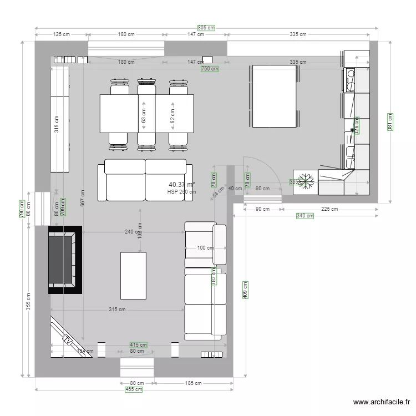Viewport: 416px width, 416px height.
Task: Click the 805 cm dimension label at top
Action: coord(206,27)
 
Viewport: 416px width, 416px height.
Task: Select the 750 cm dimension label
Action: coord(210,69)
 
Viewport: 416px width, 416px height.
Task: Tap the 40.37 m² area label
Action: coord(181,185)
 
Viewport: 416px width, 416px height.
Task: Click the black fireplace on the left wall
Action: coord(65,260)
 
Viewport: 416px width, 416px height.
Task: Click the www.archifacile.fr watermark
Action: coord(382,403)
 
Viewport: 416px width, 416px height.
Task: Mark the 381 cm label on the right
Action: coord(390,123)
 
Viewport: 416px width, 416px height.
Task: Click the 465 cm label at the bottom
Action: coord(134,390)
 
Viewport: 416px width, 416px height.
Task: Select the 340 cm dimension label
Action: coord(305,216)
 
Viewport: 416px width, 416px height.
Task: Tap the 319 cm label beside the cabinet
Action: coord(56,126)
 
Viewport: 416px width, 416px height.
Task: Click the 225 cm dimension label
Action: coord(329,209)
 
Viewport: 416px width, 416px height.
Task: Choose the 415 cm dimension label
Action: coord(138,345)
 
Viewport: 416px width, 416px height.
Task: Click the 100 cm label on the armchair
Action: coord(205,248)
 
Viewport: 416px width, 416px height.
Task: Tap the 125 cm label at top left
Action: coord(62,34)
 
